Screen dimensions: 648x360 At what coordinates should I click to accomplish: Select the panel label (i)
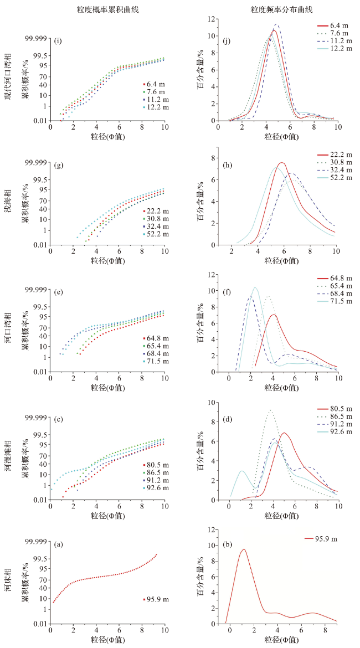57,40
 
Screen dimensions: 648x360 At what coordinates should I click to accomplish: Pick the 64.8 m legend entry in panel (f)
340,279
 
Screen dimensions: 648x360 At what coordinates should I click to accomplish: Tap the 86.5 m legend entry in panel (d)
340,415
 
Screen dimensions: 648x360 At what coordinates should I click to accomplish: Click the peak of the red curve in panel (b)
243,549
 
